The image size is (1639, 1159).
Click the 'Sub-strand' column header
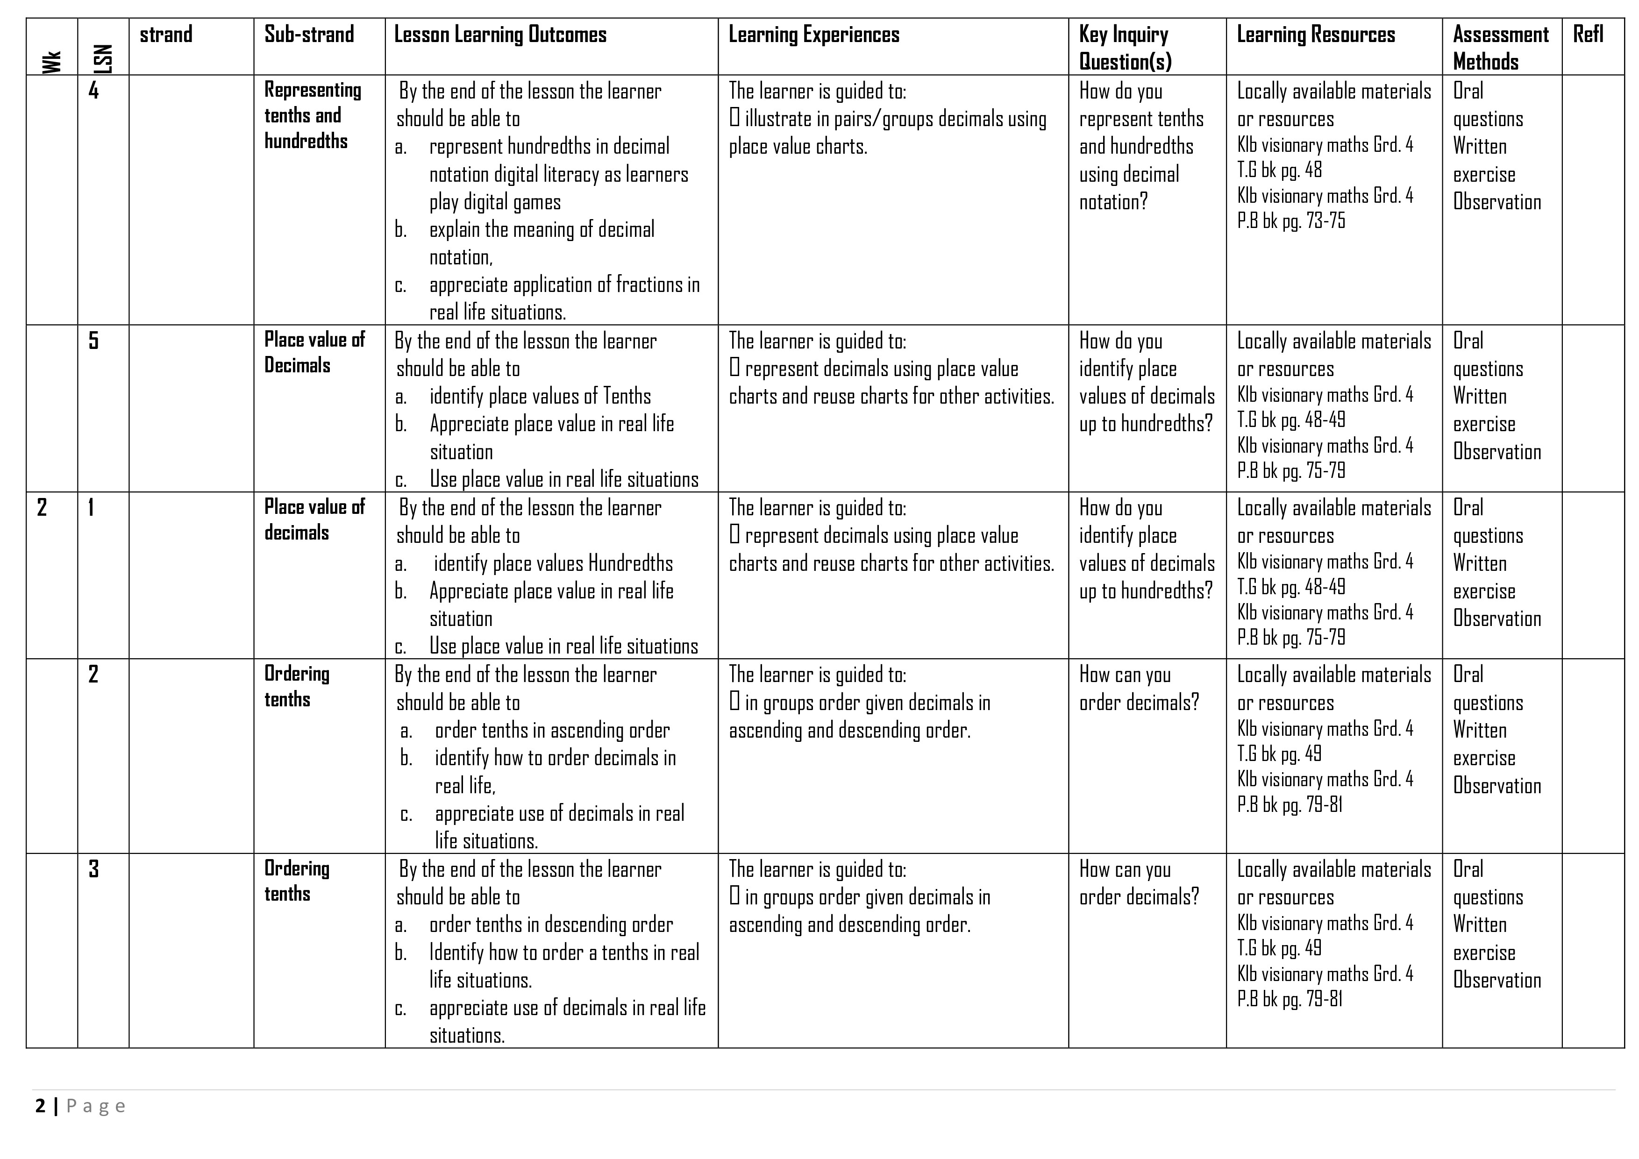click(309, 34)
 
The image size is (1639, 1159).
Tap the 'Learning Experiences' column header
click(814, 34)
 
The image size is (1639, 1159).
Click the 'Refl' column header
click(1589, 34)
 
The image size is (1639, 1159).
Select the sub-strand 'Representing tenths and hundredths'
click(313, 115)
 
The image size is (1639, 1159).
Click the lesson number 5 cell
click(93, 341)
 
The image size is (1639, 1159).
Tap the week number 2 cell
click(42, 507)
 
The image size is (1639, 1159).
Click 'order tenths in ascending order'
click(552, 730)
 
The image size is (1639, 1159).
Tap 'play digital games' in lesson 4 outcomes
click(495, 202)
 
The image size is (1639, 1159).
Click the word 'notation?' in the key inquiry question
click(1113, 202)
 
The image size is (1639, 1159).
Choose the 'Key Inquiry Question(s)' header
click(1125, 47)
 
